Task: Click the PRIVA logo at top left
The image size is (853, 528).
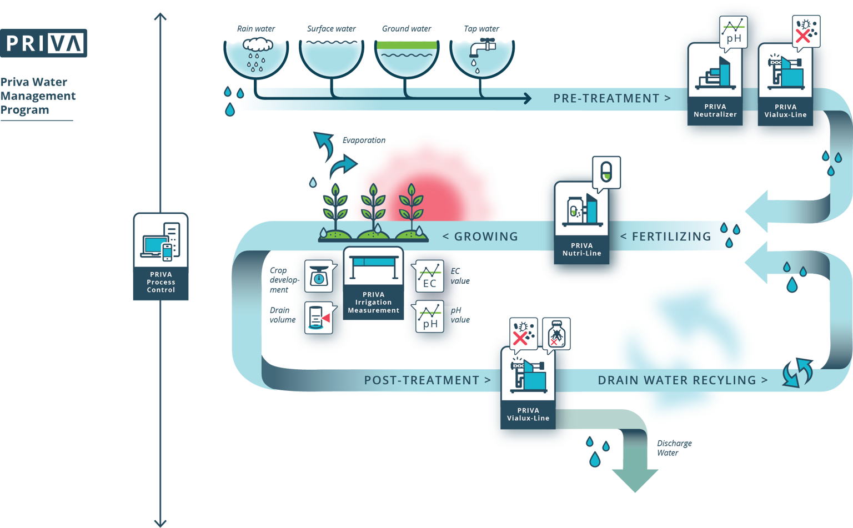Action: [x=44, y=43]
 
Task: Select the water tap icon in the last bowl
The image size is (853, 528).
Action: [x=481, y=49]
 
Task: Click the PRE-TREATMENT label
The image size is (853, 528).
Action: [x=611, y=98]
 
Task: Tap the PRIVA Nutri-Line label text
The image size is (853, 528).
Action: [x=581, y=249]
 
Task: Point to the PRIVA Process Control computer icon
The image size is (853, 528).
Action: [x=161, y=242]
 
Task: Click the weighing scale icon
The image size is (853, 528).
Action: [x=318, y=275]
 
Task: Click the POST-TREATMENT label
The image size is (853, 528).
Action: [x=427, y=380]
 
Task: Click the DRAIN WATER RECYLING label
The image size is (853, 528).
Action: [x=683, y=380]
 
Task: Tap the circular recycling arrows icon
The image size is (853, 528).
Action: [x=797, y=371]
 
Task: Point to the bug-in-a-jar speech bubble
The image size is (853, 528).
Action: [x=556, y=333]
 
